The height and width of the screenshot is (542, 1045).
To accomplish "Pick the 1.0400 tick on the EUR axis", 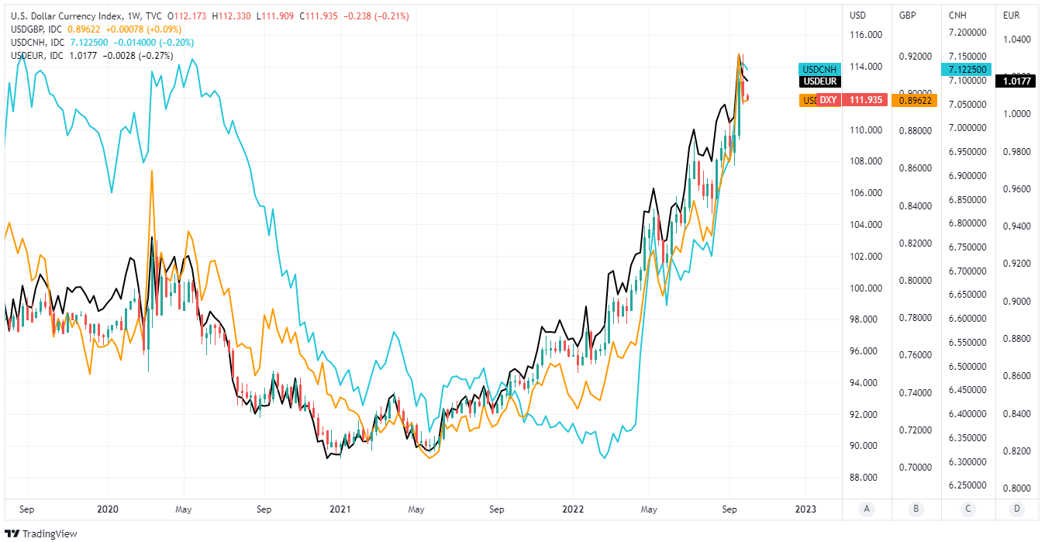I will pyautogui.click(x=1016, y=40).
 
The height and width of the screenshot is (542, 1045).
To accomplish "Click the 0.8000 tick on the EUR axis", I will pyautogui.click(x=1016, y=488).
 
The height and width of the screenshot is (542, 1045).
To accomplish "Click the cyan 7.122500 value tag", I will pyautogui.click(x=966, y=70).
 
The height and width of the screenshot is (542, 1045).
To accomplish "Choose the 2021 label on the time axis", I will pyautogui.click(x=340, y=509).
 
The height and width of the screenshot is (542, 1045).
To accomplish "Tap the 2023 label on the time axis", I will pyautogui.click(x=806, y=509).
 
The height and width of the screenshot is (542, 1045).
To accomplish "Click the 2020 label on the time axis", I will pyautogui.click(x=109, y=509).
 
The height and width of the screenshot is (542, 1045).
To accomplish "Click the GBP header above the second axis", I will pyautogui.click(x=908, y=15).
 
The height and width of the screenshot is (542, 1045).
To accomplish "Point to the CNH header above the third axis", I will pyautogui.click(x=958, y=15).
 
